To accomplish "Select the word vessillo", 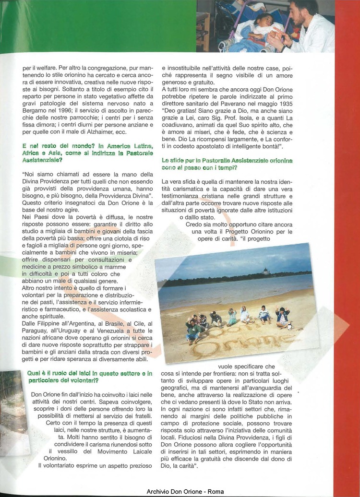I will pos(67,451).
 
